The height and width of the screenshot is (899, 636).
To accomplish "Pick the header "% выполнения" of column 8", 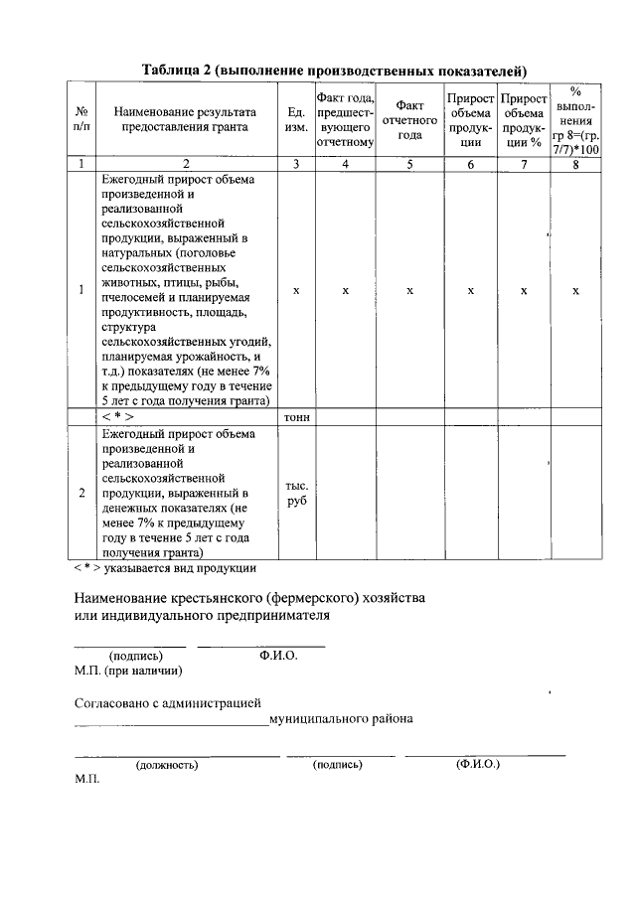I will pos(576,119).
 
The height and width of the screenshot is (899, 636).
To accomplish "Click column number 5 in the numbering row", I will pos(409,164).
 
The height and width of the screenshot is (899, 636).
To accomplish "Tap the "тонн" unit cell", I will pos(296,417).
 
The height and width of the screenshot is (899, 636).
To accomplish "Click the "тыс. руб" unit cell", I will pos(296,494).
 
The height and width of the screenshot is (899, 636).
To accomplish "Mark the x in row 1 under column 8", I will pos(576,291).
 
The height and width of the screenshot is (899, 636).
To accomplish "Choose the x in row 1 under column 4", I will pos(345,291).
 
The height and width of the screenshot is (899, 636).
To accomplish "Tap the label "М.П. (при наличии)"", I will pos(128,671).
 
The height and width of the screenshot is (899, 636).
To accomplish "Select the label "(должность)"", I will pos(167,765).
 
